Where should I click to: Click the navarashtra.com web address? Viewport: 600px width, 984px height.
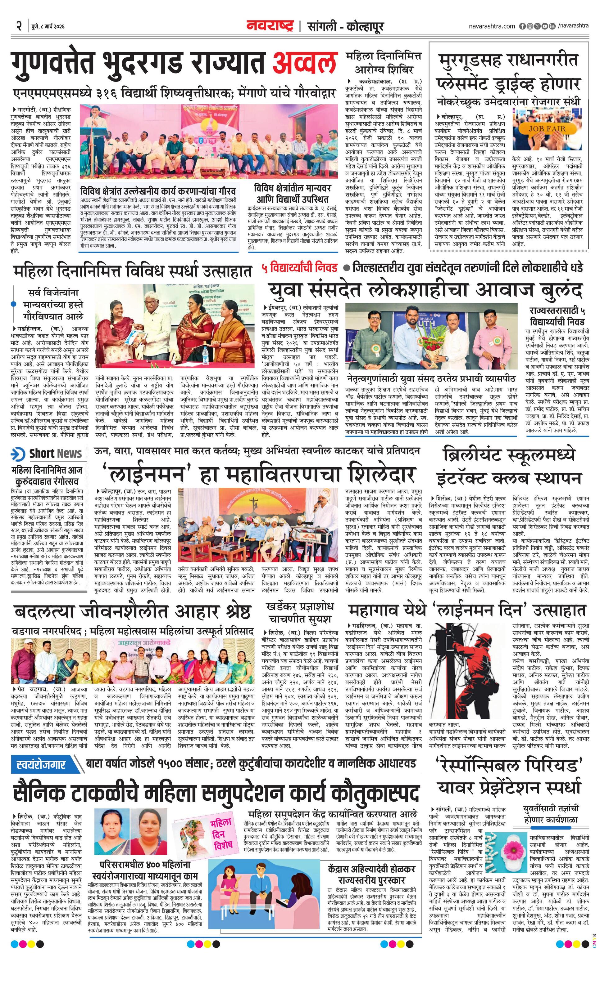(492, 26)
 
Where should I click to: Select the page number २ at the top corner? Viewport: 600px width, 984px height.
(18, 26)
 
